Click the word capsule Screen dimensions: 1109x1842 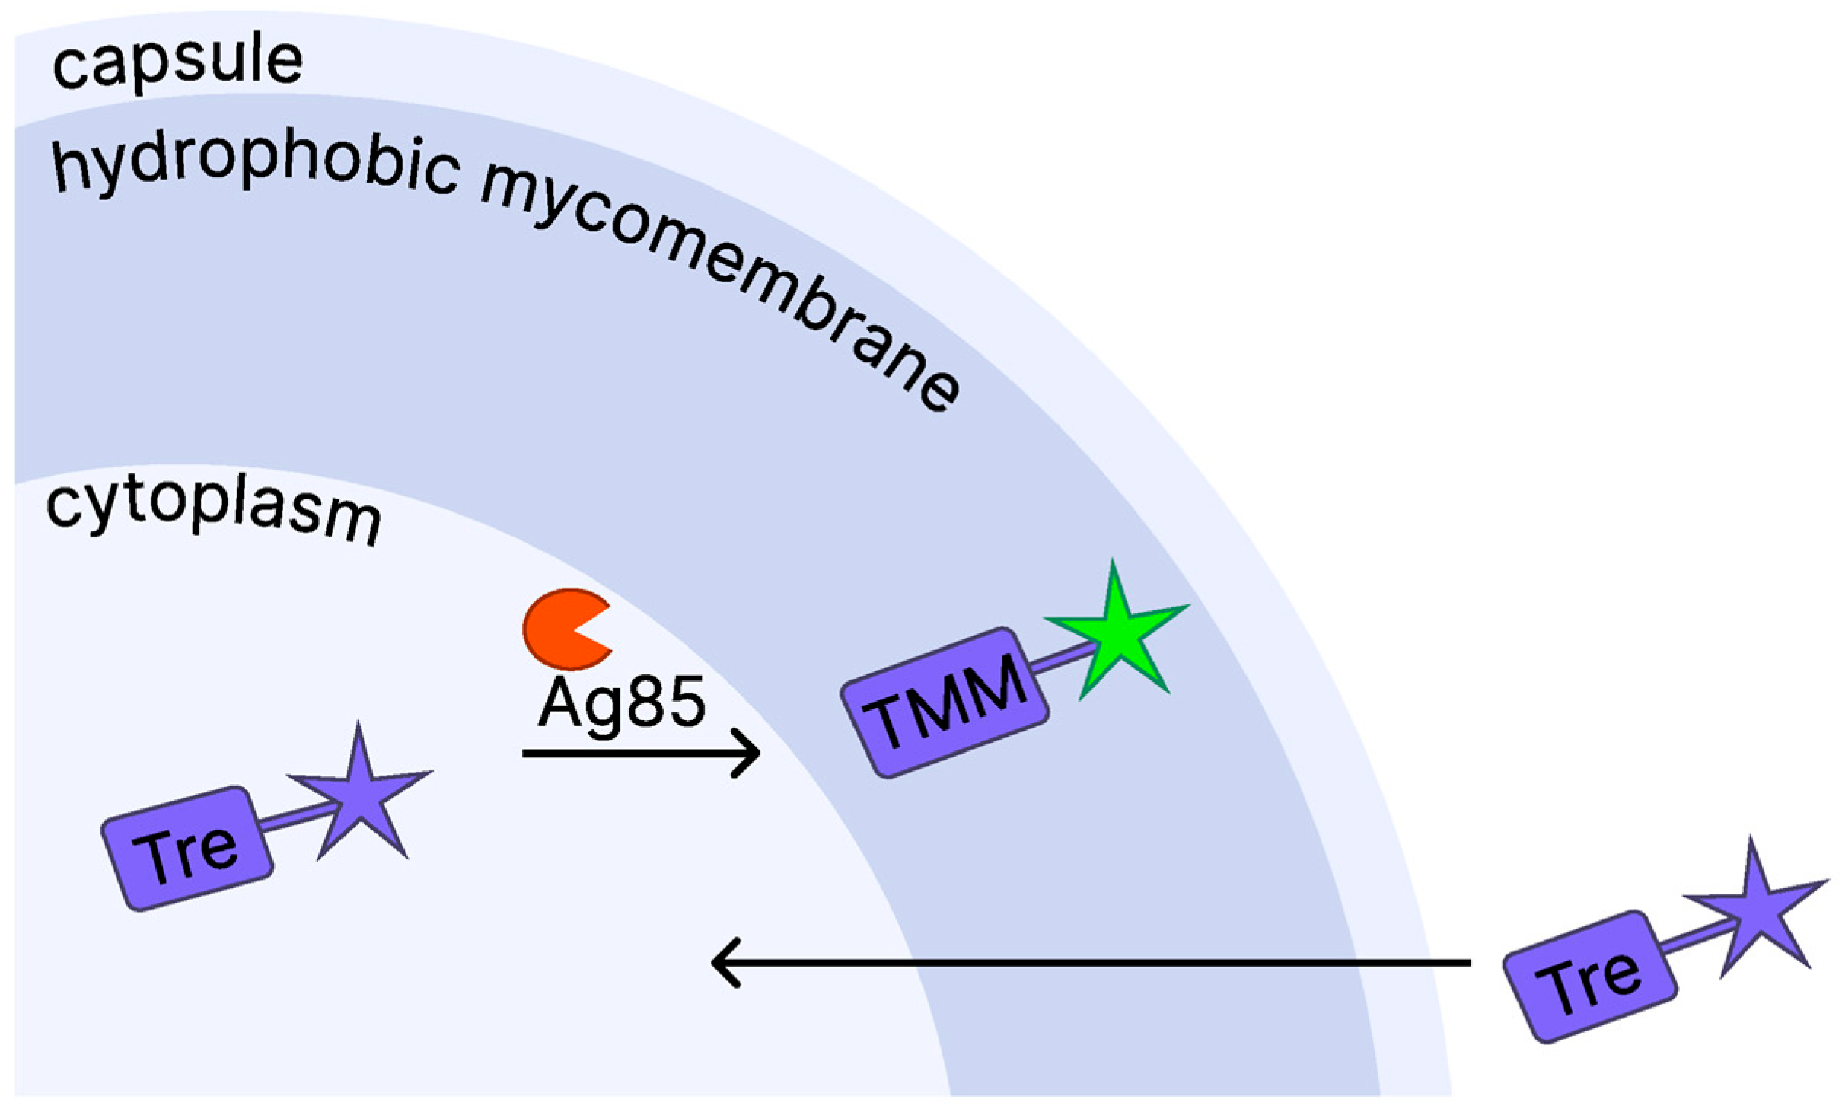(x=177, y=63)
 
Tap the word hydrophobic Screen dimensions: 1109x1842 (x=255, y=167)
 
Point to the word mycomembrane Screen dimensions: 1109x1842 (x=719, y=286)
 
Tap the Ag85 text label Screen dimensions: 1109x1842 (x=622, y=704)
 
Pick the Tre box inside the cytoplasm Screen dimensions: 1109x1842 (x=187, y=848)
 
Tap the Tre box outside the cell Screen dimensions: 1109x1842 (x=1590, y=977)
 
